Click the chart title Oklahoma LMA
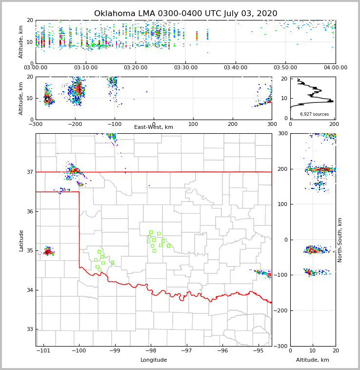coord(185,14)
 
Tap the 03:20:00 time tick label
coord(136,68)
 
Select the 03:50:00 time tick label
coord(285,68)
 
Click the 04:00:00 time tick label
coord(335,68)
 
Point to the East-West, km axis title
coord(154,127)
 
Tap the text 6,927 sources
coord(314,114)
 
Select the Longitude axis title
coord(154,360)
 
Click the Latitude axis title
coord(21,240)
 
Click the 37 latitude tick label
coord(29,172)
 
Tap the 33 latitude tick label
coord(29,329)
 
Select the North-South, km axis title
coord(340,240)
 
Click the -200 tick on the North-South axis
coord(281,310)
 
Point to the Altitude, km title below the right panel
coord(313,360)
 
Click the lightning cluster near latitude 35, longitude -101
coord(48,252)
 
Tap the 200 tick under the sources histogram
coord(335,124)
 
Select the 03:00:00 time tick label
coord(36,68)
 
